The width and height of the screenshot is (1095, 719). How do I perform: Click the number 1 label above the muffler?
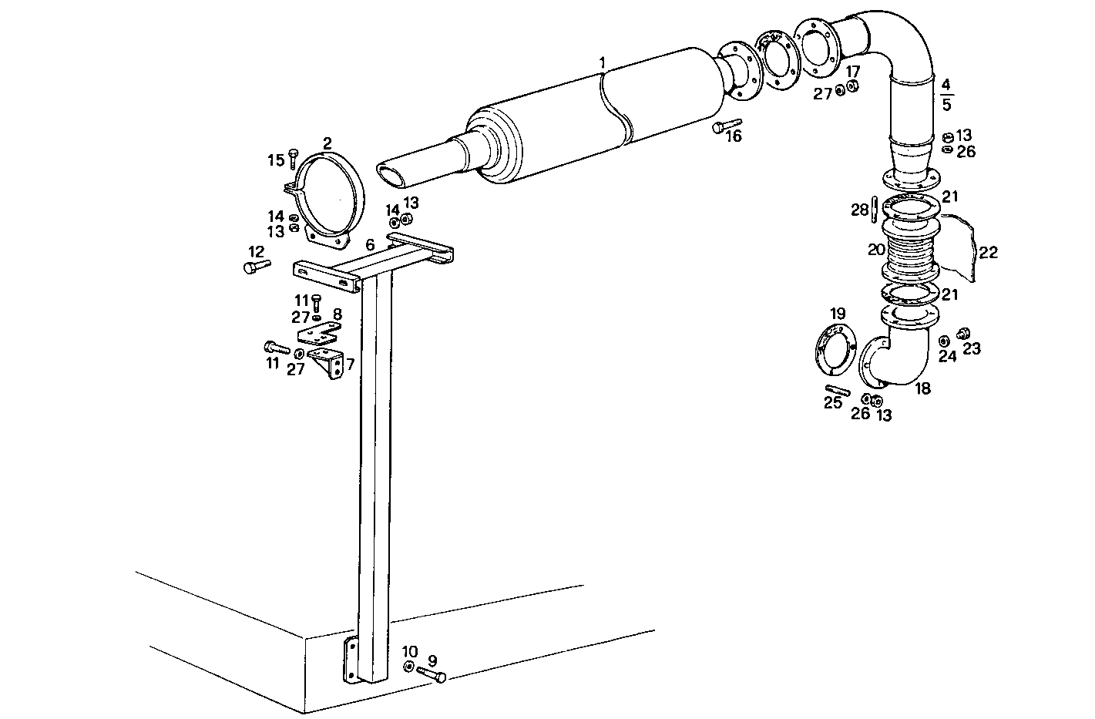point(603,62)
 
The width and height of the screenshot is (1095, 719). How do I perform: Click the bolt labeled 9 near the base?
point(432,674)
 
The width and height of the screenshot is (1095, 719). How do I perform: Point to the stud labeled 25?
point(837,390)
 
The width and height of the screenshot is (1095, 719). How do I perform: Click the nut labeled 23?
point(962,334)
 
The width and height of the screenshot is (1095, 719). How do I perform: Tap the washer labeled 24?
point(944,341)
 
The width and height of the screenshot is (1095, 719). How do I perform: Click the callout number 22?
point(989,252)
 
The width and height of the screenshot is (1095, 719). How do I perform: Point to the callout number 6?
point(371,244)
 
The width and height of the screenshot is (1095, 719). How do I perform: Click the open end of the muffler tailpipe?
point(391,175)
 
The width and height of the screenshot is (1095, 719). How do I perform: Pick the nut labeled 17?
point(853,86)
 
